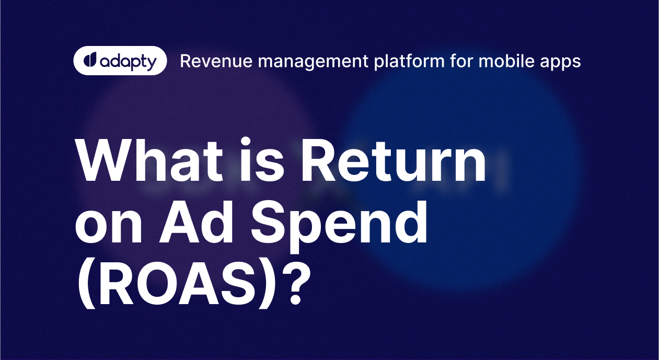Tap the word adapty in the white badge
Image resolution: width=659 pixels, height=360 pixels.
[x=127, y=62]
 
